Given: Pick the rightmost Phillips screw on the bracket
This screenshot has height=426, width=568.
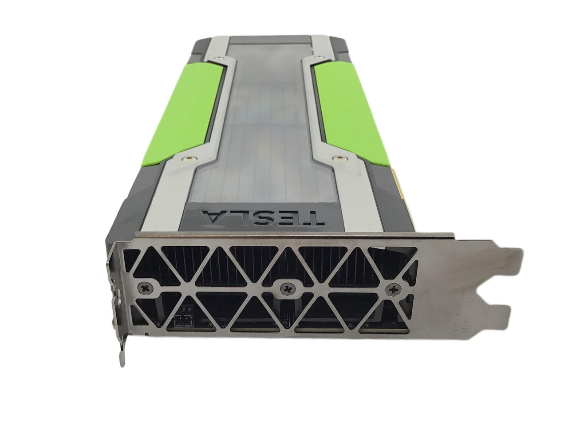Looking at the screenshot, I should [394, 290].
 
